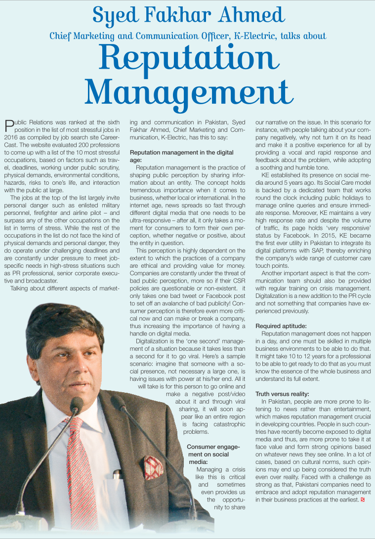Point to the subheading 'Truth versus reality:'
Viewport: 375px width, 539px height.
point(282,394)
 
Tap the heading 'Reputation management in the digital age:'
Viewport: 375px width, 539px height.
point(181,156)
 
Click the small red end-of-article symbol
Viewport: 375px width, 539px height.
point(363,500)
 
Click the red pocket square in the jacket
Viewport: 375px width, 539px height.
point(153,466)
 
